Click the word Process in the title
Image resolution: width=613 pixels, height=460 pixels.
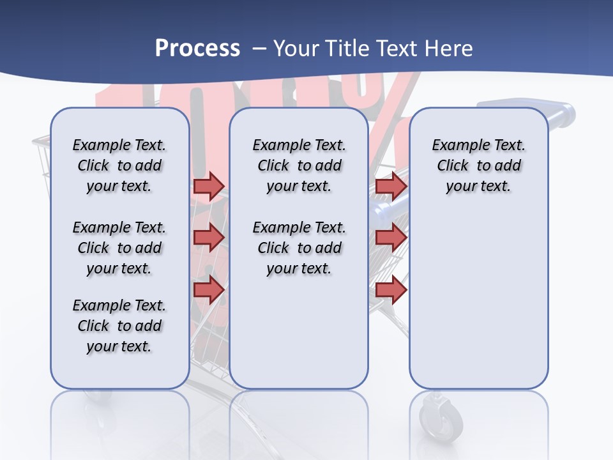197,49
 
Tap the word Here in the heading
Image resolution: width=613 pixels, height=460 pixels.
449,49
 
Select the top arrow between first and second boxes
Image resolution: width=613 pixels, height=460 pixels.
209,186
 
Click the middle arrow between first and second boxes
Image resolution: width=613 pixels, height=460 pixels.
209,238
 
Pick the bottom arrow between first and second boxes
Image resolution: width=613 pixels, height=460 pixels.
209,289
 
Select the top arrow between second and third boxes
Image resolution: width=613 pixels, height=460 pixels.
391,186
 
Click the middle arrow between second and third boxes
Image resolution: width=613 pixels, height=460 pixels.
391,238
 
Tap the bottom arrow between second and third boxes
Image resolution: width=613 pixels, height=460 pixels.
391,289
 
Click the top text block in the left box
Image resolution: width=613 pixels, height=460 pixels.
119,165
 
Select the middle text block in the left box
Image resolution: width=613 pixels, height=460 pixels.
119,248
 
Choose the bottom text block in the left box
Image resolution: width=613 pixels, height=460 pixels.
119,326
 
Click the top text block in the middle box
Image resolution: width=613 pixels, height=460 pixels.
299,165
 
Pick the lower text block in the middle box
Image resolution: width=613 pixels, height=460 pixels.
299,248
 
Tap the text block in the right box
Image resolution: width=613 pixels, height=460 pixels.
479,165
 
